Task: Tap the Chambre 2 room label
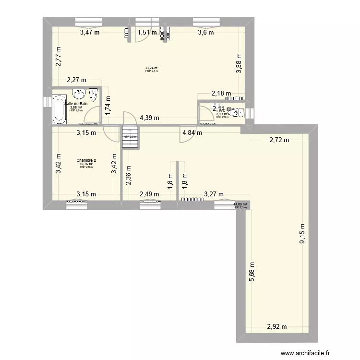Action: click(x=86, y=160)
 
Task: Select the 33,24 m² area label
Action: click(x=152, y=68)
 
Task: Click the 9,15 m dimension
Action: click(x=302, y=234)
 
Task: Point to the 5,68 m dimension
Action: click(x=252, y=272)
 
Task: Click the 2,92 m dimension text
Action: click(x=277, y=327)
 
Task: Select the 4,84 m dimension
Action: click(x=192, y=133)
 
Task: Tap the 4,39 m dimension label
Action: click(x=150, y=118)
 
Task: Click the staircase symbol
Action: click(x=130, y=133)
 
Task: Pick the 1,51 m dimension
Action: click(x=147, y=33)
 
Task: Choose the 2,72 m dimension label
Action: click(x=279, y=140)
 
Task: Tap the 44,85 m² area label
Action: click(x=240, y=204)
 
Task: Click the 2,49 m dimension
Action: click(x=149, y=194)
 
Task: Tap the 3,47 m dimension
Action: click(x=90, y=33)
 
